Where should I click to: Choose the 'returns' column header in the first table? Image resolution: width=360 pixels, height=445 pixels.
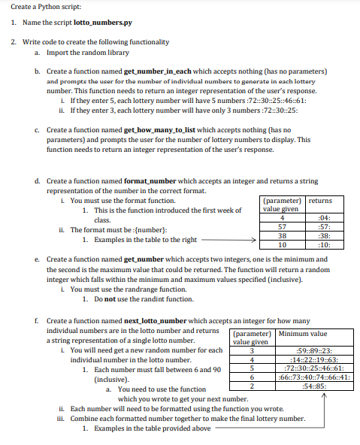[x=321, y=201]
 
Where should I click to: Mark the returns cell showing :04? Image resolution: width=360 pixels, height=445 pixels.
[x=321, y=217]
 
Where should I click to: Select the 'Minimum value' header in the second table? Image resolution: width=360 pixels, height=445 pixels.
[x=302, y=333]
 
